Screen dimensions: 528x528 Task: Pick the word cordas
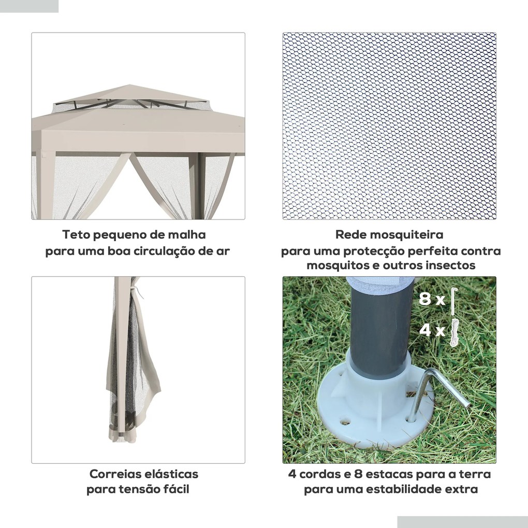(319, 474)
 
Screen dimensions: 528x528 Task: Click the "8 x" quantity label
(431, 300)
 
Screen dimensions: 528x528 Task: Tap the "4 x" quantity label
(431, 330)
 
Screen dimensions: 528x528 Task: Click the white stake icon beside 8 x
(453, 300)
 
